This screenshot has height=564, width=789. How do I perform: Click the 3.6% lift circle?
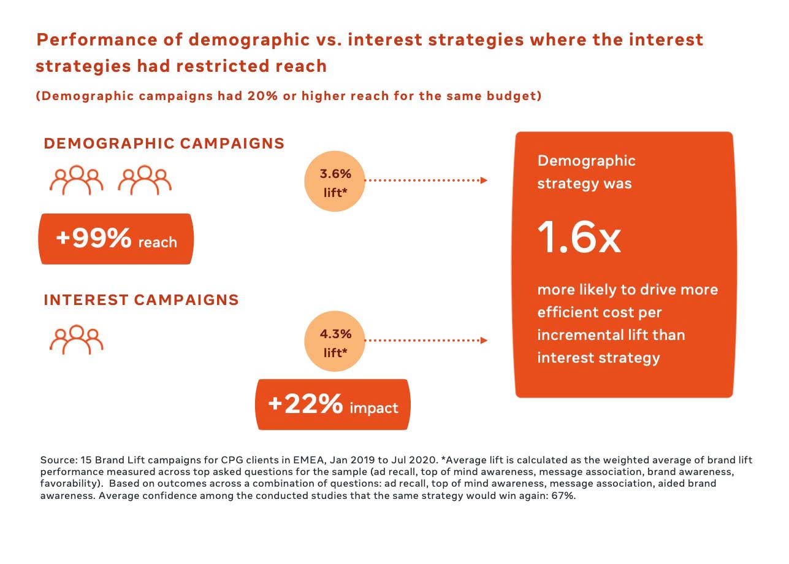click(x=335, y=182)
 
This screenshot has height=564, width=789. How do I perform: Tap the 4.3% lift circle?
click(x=335, y=342)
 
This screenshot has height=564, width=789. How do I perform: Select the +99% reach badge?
click(x=116, y=239)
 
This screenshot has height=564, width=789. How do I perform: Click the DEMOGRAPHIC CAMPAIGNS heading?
click(x=164, y=144)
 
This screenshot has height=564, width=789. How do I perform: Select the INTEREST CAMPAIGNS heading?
click(x=141, y=300)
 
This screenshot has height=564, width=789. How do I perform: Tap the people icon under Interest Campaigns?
click(x=76, y=339)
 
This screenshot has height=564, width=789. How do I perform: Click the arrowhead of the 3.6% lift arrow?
click(x=484, y=180)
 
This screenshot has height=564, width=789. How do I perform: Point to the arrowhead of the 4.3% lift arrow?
click(x=484, y=340)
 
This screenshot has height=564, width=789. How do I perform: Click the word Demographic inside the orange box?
click(x=586, y=161)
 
